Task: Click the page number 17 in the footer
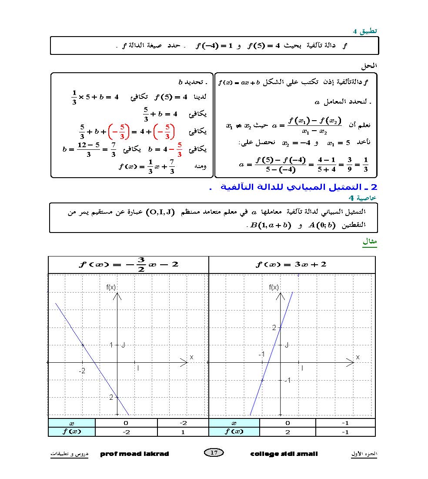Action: [x=214, y=453]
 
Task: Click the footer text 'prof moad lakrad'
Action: [x=134, y=454]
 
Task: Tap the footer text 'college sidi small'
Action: [x=284, y=454]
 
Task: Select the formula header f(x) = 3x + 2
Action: [x=291, y=264]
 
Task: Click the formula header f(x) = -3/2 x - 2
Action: [x=129, y=264]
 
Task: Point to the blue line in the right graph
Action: [x=271, y=354]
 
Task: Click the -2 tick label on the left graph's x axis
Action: [x=82, y=371]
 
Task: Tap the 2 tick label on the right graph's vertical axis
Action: [x=274, y=327]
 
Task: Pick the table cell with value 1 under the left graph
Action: [x=183, y=432]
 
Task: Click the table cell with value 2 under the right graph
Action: [x=288, y=432]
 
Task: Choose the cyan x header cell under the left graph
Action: [x=72, y=423]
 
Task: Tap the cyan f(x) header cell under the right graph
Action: [x=234, y=432]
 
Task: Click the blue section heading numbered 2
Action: [x=294, y=187]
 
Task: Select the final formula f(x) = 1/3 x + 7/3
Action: [x=147, y=166]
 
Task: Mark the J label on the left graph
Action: [x=123, y=345]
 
